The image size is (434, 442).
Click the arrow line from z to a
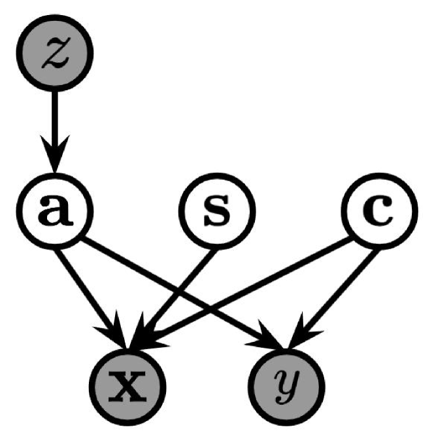coord(56,124)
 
